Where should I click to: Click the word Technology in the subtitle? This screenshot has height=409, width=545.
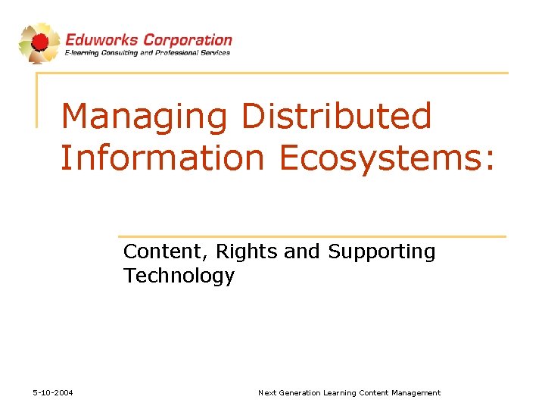point(179,276)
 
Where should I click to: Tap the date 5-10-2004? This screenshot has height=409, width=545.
point(53,392)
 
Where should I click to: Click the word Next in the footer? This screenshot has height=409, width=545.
point(267,392)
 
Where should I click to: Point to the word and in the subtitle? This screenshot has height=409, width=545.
point(301,251)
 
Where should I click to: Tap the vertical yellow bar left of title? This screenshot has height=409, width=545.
point(38,99)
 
